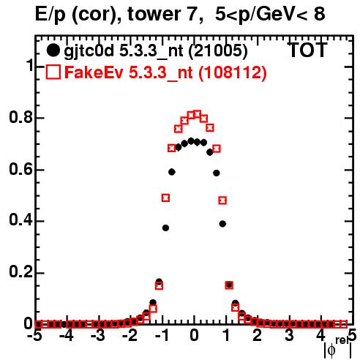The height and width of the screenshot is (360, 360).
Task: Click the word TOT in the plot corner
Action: [x=307, y=50]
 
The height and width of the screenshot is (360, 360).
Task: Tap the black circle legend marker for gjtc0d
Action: [x=53, y=50]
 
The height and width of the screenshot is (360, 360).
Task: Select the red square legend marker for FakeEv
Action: [x=53, y=72]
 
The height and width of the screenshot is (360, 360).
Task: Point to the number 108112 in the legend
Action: [x=233, y=72]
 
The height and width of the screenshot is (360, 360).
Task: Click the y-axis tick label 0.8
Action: [x=20, y=117]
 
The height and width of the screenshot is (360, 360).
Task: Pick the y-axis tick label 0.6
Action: [x=20, y=169]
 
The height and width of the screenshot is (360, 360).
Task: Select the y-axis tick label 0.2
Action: [x=20, y=271]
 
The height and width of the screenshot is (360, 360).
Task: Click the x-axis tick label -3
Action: [x=98, y=335]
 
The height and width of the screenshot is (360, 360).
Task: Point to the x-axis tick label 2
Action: [x=258, y=335]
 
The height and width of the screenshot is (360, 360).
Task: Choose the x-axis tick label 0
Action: [x=194, y=335]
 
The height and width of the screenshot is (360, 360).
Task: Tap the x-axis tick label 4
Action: [x=321, y=335]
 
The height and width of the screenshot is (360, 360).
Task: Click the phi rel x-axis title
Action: [x=338, y=348]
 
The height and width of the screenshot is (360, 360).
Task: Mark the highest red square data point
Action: [x=198, y=114]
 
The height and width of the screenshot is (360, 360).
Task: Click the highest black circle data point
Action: [x=191, y=140]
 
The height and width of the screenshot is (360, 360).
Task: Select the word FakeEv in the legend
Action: [x=94, y=72]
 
